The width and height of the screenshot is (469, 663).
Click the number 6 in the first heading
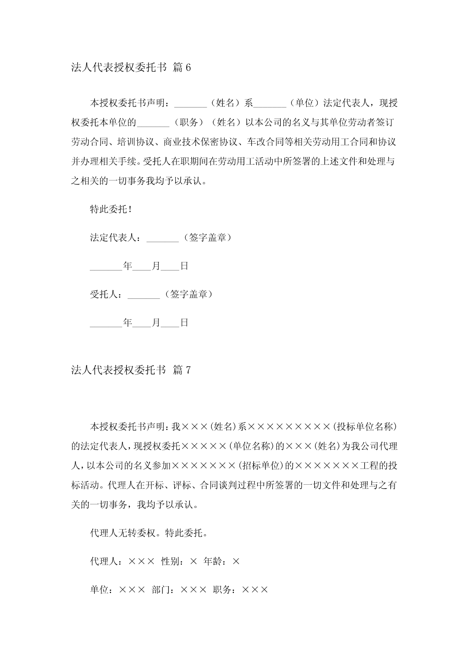(x=188, y=68)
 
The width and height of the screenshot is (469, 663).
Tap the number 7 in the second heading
(x=188, y=370)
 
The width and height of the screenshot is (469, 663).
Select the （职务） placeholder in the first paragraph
(x=188, y=122)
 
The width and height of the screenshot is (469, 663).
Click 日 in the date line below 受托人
(x=184, y=323)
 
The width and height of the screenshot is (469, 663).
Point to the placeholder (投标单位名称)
(x=364, y=426)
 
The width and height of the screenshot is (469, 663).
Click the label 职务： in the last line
(x=226, y=590)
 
